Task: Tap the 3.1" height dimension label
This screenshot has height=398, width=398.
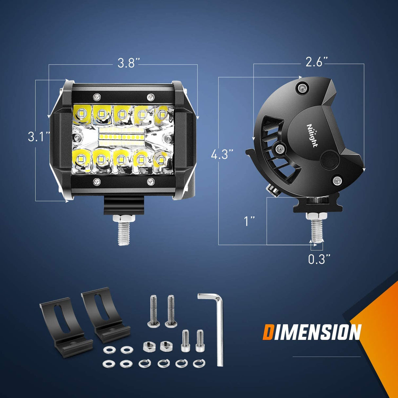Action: pyautogui.click(x=39, y=136)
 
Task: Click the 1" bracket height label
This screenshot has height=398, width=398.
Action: pyautogui.click(x=249, y=221)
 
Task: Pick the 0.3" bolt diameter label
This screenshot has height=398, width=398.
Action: pyautogui.click(x=319, y=259)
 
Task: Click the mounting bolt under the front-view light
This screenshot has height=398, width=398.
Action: pyautogui.click(x=124, y=229)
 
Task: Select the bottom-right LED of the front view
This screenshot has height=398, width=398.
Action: pyautogui.click(x=160, y=160)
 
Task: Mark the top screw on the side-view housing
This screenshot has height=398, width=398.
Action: pyautogui.click(x=301, y=87)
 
